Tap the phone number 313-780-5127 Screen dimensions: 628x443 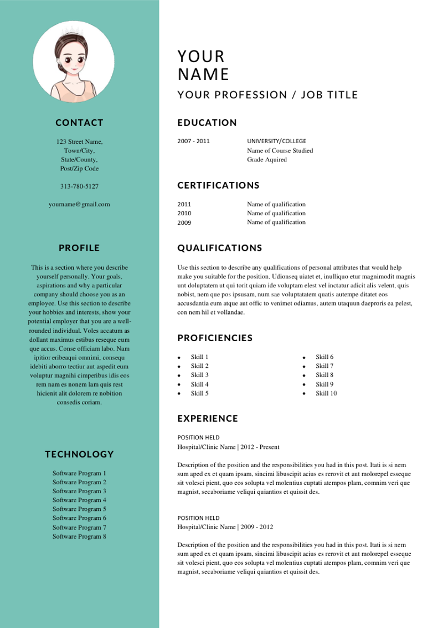(79, 186)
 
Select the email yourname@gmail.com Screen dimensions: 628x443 (79, 204)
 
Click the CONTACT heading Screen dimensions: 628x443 (79, 123)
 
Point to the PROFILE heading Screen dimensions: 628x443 (79, 248)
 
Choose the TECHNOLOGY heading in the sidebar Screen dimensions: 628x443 (79, 454)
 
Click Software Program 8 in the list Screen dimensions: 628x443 (79, 536)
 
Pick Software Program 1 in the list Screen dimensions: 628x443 (79, 473)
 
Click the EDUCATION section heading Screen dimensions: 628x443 (207, 123)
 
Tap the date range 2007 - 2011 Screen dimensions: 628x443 (193, 141)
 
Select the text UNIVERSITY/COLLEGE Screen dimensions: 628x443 (276, 141)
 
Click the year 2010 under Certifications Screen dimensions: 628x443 (184, 214)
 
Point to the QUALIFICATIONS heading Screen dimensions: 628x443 (220, 248)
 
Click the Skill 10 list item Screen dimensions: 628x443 (326, 393)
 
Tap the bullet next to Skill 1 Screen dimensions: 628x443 (179, 358)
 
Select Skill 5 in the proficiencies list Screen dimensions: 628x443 (199, 393)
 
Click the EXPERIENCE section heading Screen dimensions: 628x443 (208, 418)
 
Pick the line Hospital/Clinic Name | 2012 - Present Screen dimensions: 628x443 (228, 447)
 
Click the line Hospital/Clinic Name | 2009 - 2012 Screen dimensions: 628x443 (225, 527)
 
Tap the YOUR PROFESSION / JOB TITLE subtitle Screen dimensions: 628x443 (267, 95)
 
